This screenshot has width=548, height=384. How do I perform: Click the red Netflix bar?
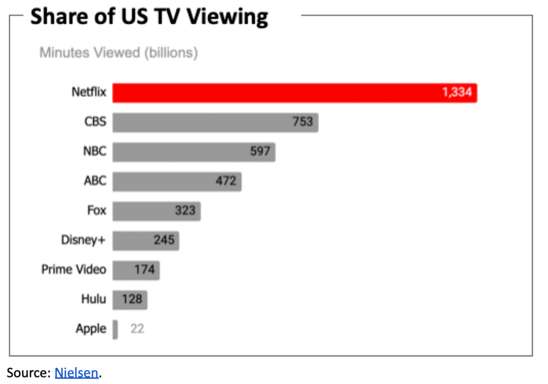(x=294, y=93)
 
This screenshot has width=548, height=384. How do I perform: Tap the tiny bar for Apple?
(x=115, y=329)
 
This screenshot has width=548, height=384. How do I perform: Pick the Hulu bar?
(x=130, y=299)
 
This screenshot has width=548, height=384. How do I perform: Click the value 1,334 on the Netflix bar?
(x=457, y=93)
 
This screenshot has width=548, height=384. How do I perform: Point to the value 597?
(x=260, y=152)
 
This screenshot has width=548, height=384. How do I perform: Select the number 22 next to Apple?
(x=137, y=329)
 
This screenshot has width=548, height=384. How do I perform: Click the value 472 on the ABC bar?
(x=226, y=181)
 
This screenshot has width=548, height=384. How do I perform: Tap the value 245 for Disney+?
(x=164, y=240)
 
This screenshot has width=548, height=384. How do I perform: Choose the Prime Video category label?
(x=74, y=269)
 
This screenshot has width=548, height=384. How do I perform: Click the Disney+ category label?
(x=83, y=240)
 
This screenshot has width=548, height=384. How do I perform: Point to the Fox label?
(x=96, y=210)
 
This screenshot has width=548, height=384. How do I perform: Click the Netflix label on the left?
(x=89, y=93)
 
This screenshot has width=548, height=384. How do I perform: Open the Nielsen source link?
(x=77, y=373)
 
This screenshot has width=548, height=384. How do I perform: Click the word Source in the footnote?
(x=26, y=373)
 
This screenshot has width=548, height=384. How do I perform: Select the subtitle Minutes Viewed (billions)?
(x=118, y=53)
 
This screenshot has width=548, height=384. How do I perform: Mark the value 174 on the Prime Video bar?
(x=144, y=269)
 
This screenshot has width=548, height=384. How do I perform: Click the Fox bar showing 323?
(x=156, y=210)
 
